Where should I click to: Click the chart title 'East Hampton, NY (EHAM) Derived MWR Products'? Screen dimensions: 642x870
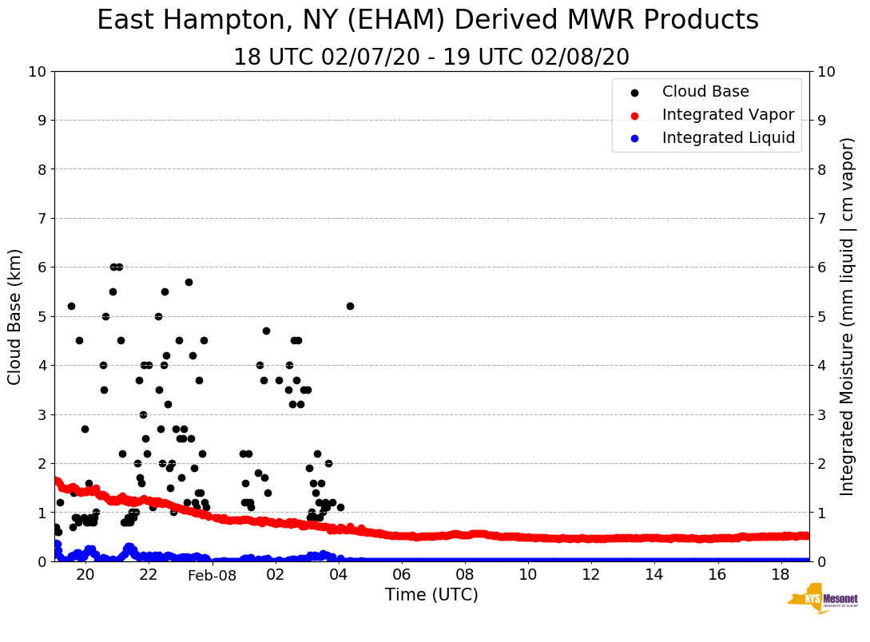(427, 21)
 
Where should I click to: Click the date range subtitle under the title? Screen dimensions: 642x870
(431, 57)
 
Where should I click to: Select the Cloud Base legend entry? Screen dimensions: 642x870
(705, 92)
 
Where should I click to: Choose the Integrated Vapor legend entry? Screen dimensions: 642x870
(728, 115)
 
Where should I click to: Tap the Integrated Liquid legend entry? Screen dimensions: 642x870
(728, 138)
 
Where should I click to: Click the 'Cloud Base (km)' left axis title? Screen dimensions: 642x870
(15, 316)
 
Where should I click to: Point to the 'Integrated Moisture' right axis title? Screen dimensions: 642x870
(848, 316)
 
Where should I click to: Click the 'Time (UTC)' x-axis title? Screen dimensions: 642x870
(431, 595)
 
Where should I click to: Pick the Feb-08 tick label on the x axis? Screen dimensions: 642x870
(212, 575)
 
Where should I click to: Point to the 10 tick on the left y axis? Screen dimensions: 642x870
(37, 72)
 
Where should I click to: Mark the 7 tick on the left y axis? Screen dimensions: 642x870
(42, 218)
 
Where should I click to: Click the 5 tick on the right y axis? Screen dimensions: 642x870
(822, 316)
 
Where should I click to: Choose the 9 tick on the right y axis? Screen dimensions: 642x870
(822, 121)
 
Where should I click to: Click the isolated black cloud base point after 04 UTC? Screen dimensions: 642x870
(350, 306)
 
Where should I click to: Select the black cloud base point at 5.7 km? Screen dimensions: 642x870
(189, 282)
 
